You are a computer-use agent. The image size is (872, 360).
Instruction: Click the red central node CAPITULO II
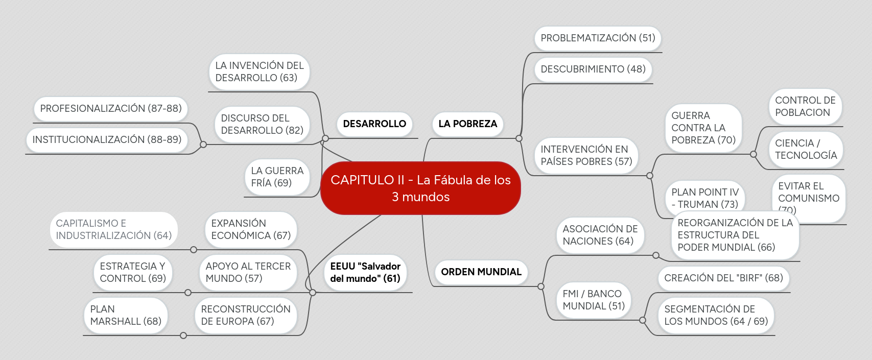pos(420,188)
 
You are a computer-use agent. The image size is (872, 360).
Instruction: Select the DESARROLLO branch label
pos(374,124)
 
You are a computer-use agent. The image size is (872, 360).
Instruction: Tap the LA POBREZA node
pos(467,124)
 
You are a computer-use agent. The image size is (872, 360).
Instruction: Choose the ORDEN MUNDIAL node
pos(481,272)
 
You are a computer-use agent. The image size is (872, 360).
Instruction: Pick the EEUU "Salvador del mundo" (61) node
pos(365,272)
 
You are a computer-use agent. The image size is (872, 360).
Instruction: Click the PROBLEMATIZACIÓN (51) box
pos(598,38)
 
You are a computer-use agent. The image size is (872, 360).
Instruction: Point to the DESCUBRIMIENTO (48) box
pos(593,69)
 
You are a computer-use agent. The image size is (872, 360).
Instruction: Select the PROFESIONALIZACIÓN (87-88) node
pos(111,109)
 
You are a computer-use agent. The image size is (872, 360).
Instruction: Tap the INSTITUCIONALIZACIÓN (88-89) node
pos(107,140)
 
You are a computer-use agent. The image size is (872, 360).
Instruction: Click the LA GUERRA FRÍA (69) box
pos(277,177)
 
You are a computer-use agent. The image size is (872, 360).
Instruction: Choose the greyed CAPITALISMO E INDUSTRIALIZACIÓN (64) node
pos(113,230)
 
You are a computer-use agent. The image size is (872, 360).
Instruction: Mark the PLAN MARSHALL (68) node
pos(126,316)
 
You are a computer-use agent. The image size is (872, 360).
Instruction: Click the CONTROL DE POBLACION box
pos(805,107)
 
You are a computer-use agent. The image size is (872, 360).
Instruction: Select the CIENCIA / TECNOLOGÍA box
pos(806,150)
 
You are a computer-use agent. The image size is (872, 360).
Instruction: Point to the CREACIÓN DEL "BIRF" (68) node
pos(723,278)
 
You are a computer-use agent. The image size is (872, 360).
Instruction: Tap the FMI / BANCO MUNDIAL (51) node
pos(594,300)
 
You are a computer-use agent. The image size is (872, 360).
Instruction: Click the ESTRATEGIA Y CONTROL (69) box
pos(133,273)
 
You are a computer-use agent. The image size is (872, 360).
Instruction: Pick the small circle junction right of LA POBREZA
pos(519,138)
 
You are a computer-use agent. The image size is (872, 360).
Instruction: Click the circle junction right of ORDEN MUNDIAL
pos(541,286)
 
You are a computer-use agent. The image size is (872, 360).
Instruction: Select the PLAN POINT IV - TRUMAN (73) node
pos(705,199)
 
